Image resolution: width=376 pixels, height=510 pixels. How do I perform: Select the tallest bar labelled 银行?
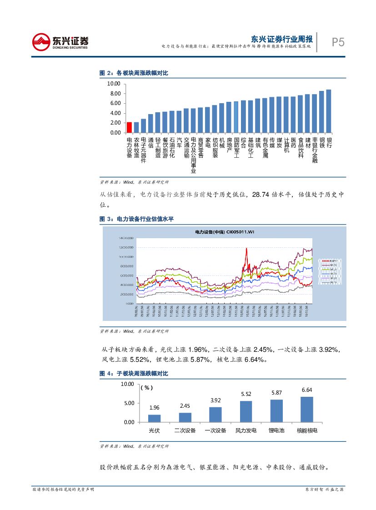[x=329, y=111]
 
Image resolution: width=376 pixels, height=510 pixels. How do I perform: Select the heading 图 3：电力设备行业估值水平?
[x=136, y=219]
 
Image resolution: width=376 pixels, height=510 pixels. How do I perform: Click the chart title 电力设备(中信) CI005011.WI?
[x=225, y=232]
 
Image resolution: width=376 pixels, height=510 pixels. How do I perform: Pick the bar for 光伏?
[x=154, y=418]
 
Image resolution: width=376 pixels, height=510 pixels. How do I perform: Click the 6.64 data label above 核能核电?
[x=307, y=390]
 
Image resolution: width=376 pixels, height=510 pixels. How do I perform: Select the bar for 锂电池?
[x=276, y=410]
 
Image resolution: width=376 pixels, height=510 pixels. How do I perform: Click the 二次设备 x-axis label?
[x=185, y=430]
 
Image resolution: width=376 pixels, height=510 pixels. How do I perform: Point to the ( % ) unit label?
[x=146, y=388]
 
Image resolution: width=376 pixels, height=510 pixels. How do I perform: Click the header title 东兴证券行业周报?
[x=282, y=39]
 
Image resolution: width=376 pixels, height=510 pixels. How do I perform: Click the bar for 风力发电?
[x=246, y=411]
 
